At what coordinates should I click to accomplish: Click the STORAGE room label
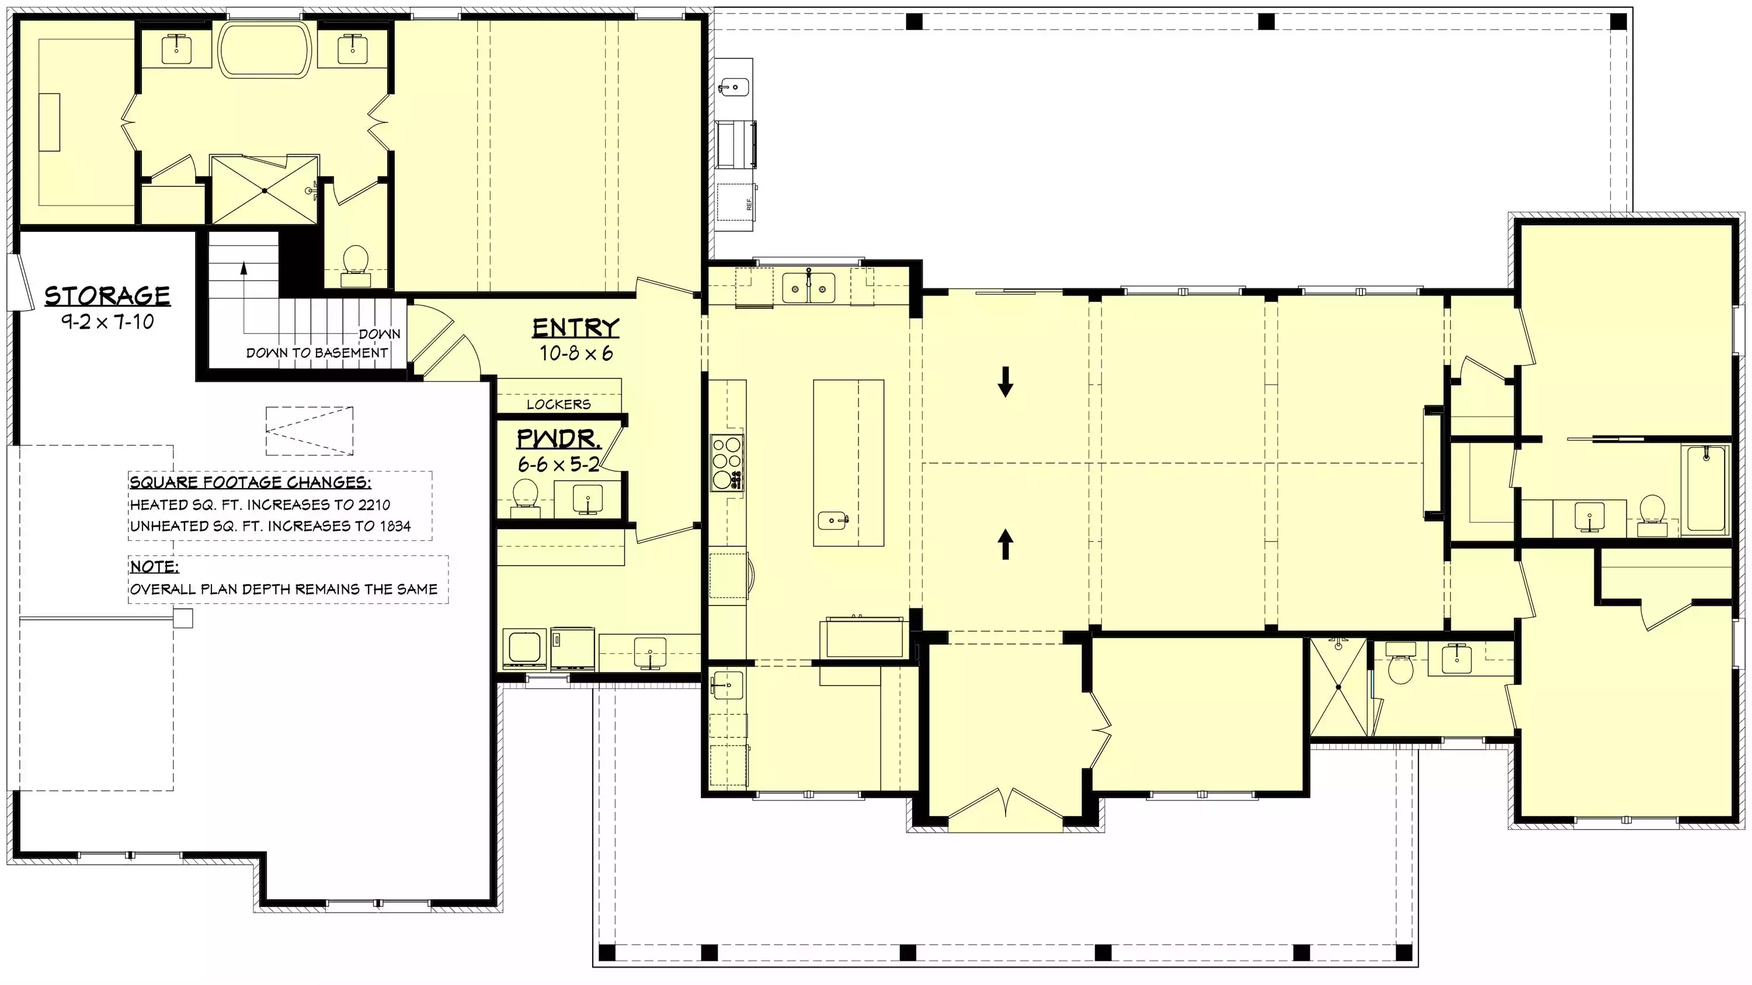(107, 297)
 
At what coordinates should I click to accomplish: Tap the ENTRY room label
(575, 328)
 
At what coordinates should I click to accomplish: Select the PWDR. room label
(558, 438)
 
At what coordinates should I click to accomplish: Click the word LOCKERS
(558, 405)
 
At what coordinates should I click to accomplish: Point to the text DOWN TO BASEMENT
(317, 353)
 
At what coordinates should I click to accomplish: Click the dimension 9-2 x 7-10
(107, 322)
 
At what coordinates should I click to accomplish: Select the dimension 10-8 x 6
(576, 353)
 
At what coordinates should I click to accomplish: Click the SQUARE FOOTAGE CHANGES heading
(251, 483)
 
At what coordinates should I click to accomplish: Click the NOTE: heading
(154, 566)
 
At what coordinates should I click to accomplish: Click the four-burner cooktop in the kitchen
(727, 462)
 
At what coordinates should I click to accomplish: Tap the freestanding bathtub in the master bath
(266, 50)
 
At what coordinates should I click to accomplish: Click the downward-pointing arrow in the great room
(1005, 382)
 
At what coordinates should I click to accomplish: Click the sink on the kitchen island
(832, 521)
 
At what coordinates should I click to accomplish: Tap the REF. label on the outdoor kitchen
(749, 203)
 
